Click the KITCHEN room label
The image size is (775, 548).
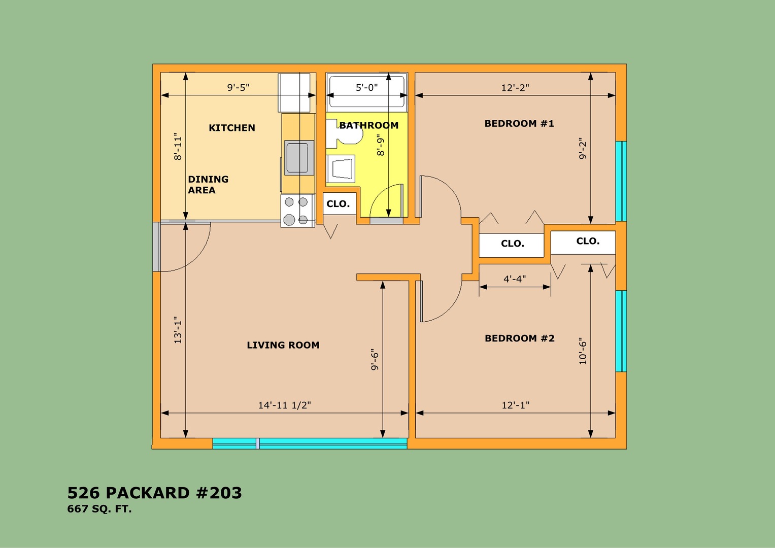point(232,128)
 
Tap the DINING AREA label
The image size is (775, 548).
point(208,185)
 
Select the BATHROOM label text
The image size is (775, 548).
point(369,125)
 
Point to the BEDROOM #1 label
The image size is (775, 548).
point(519,123)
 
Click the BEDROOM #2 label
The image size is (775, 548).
point(519,338)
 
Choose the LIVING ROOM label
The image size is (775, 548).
point(283,345)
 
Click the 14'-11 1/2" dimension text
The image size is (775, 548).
point(284,405)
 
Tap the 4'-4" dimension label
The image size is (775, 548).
point(515,279)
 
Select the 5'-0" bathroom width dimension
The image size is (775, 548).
point(367,87)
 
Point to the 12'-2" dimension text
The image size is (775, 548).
point(515,88)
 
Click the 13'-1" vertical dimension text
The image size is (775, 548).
point(178,330)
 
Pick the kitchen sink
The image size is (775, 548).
point(299,158)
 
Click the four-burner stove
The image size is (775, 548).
point(297,211)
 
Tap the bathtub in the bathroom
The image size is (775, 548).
point(366,92)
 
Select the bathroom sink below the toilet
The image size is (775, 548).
point(341,168)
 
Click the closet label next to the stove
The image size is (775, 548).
point(338,204)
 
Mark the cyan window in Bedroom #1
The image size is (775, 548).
point(621,181)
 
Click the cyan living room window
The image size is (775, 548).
point(310,443)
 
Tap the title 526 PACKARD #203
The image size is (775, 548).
point(154,493)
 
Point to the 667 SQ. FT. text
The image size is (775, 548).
point(99,509)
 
